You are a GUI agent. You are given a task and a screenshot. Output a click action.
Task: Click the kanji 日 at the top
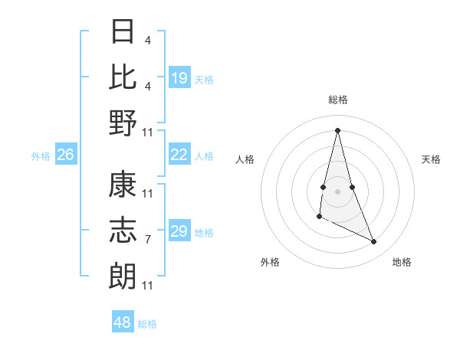point(123,32)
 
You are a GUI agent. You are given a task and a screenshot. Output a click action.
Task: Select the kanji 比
point(123,77)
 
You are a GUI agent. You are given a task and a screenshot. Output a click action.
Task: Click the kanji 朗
point(123,274)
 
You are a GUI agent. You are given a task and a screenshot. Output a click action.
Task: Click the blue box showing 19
point(179,78)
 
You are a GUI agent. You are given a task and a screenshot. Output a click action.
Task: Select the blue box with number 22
point(179,155)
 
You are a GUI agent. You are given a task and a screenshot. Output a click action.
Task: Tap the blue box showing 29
point(179,231)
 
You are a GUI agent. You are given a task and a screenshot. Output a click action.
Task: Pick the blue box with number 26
point(66,155)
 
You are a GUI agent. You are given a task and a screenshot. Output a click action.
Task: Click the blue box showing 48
point(123,322)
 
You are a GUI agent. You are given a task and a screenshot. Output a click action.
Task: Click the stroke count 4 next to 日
point(148,40)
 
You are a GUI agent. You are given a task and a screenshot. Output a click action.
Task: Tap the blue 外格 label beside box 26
point(41,155)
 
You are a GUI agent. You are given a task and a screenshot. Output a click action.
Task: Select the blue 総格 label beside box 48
point(147,323)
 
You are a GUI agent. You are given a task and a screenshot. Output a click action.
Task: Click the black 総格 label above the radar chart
point(338,100)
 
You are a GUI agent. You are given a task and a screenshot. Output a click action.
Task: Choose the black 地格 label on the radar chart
point(402,262)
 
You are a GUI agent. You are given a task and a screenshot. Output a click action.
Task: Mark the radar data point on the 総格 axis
point(338,129)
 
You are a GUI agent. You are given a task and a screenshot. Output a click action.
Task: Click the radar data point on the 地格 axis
point(374,242)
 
